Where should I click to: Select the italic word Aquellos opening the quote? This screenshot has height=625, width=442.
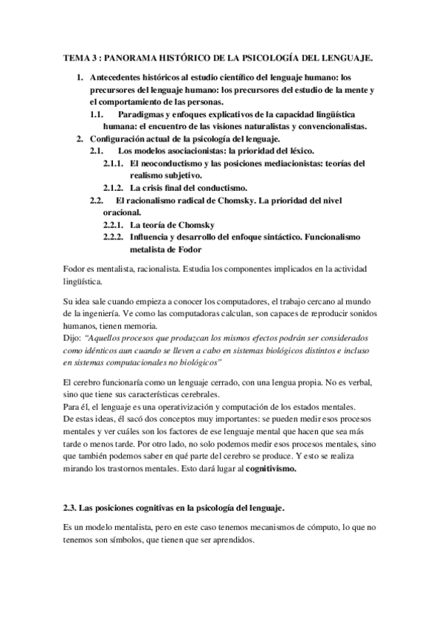[x=108, y=338]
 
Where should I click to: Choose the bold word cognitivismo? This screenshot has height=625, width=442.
[x=270, y=468]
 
